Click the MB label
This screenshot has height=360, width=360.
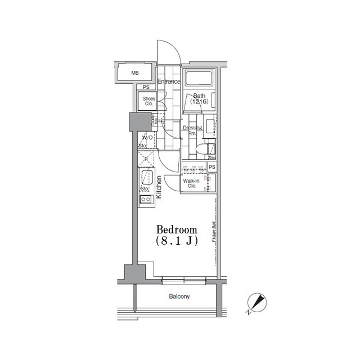135,73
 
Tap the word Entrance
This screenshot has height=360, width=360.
169,82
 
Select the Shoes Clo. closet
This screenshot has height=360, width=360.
148,102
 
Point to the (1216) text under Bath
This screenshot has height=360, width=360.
199,102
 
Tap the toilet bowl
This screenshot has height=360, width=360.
209,148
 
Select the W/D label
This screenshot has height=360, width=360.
147,137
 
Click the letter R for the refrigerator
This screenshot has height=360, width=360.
146,159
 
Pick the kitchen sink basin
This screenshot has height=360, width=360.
146,179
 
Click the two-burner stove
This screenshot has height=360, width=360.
145,200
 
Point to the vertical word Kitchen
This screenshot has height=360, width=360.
159,187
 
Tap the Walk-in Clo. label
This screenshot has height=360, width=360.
189,183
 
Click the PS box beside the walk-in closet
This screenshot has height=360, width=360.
212,168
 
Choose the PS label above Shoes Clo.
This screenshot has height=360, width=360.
146,87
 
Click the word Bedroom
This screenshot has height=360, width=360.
177,229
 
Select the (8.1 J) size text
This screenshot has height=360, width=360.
177,240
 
